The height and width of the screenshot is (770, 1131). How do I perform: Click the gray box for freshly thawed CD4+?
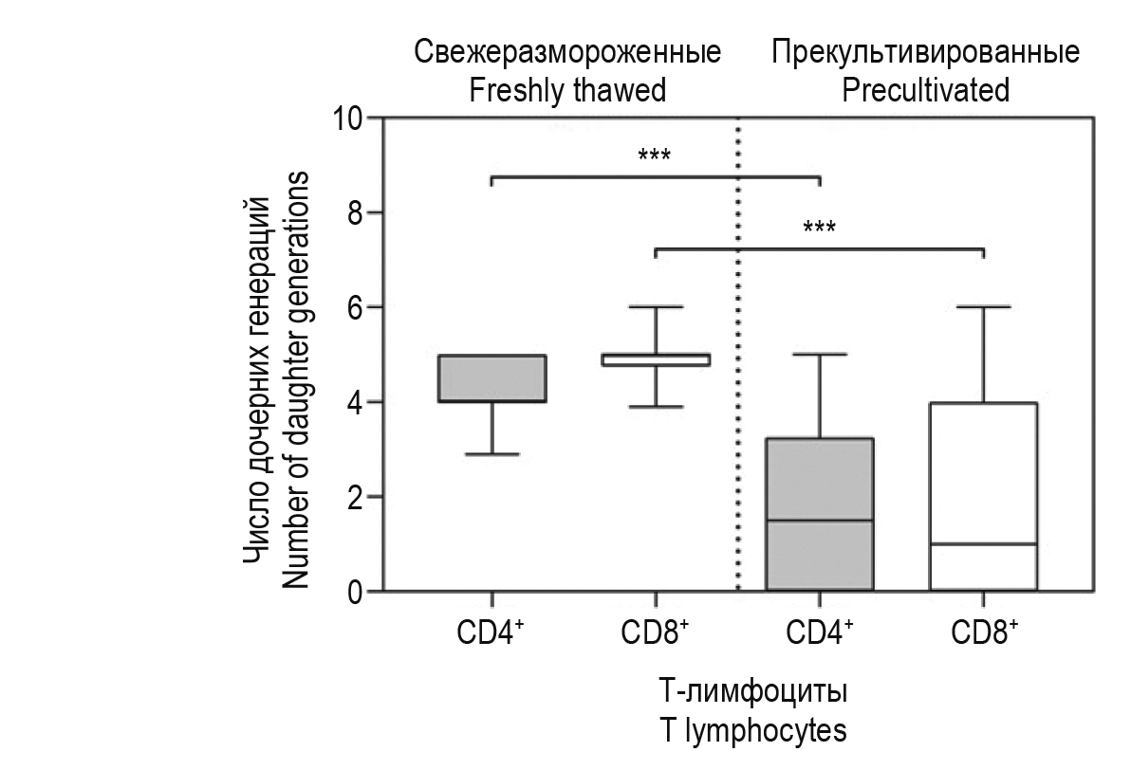(491, 378)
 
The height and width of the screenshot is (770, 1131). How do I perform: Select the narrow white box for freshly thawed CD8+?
(656, 359)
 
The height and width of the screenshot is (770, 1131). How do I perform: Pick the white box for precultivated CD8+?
(983, 474)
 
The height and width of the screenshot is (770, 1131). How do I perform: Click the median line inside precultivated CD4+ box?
(819, 521)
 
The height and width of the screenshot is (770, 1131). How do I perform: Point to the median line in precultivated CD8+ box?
(983, 544)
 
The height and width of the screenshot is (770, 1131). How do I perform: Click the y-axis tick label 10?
(348, 119)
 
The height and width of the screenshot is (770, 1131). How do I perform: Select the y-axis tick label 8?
(356, 213)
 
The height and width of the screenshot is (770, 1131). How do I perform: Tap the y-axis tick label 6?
(356, 308)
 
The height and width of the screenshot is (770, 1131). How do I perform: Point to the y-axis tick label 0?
(356, 592)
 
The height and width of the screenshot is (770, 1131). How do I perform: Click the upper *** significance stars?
(655, 155)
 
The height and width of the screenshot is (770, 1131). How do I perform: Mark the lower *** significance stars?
(819, 228)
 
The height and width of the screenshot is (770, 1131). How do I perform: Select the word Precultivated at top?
(925, 90)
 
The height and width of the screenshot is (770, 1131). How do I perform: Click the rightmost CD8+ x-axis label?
(984, 632)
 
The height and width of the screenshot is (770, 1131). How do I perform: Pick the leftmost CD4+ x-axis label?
(491, 632)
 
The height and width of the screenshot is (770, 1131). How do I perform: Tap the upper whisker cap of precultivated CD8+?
(983, 307)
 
